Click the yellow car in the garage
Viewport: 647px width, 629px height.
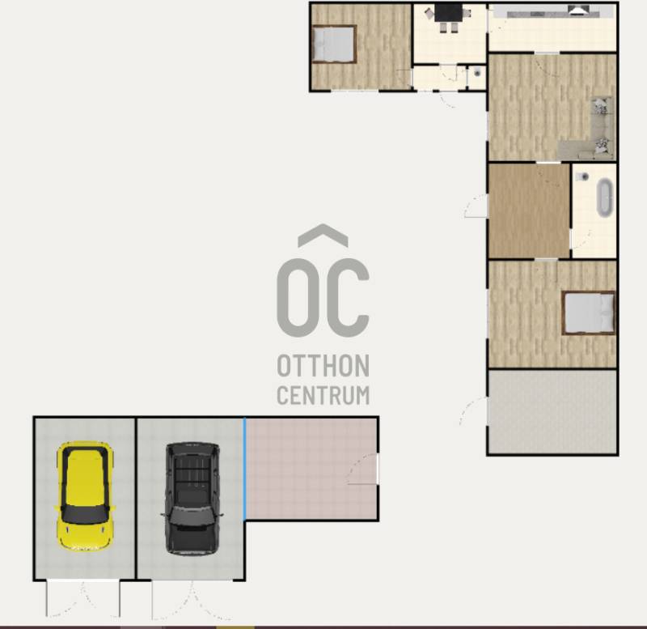coord(85,496)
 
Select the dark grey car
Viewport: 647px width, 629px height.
coord(192,499)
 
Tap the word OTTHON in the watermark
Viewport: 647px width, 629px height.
coord(323,366)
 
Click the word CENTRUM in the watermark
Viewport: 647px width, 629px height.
coord(323,395)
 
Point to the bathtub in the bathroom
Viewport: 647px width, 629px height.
coord(605,198)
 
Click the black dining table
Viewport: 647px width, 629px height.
coord(448,13)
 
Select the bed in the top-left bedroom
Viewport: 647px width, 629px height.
coord(334,45)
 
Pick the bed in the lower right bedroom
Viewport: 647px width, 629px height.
coord(589,312)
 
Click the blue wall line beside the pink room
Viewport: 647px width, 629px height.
coord(245,469)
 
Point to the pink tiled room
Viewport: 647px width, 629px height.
coord(311,469)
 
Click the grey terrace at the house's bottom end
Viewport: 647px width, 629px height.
coord(552,412)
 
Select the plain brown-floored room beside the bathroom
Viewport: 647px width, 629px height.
coord(530,210)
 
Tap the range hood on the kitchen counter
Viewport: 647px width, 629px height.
coord(579,11)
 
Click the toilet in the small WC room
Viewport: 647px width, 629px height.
coord(477,73)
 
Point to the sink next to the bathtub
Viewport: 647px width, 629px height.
coord(583,176)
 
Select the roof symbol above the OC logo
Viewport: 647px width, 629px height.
coord(323,235)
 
